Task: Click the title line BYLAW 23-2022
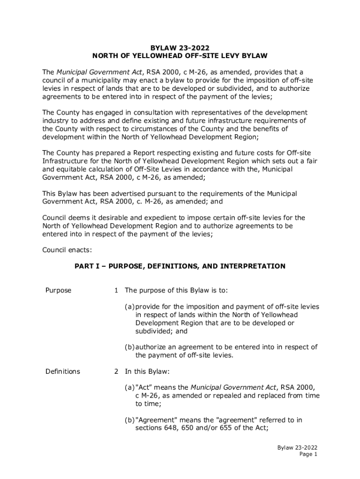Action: tap(180, 47)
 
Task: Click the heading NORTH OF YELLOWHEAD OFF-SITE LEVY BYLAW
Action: tap(180, 56)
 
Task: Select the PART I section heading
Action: tap(180, 266)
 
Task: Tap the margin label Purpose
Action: tap(58, 290)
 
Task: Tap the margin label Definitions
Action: tap(63, 371)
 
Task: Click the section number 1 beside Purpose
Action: tap(115, 290)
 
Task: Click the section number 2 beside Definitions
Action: tap(116, 371)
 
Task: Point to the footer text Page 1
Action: tap(309, 454)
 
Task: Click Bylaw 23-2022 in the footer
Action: tap(298, 447)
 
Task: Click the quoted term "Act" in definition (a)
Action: tap(143, 387)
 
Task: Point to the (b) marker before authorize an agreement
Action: tap(130, 347)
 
